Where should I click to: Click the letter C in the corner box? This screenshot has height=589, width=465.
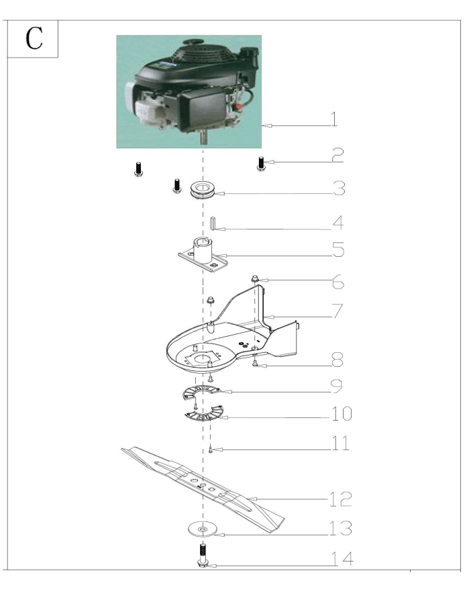[x=34, y=38]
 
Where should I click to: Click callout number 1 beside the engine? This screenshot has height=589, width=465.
[x=333, y=119]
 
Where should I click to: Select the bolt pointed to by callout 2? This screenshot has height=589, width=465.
[x=260, y=164]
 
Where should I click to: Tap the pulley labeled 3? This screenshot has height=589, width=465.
[x=203, y=189]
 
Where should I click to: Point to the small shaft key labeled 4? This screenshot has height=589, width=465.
[x=212, y=223]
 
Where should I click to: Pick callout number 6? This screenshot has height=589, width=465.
[x=338, y=282]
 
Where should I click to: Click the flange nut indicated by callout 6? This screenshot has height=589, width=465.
[x=255, y=279]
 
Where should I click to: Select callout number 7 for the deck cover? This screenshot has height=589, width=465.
[x=338, y=311]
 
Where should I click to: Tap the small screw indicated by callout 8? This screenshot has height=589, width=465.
[x=255, y=362]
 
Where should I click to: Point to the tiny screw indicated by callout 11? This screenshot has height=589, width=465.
[x=211, y=449]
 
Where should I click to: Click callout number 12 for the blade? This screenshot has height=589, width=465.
[x=340, y=499]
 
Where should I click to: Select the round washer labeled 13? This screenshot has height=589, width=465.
[x=203, y=529]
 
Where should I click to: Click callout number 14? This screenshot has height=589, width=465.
[x=342, y=558]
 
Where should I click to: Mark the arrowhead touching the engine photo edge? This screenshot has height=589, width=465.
[x=266, y=126]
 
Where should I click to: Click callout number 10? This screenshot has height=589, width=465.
[x=342, y=414]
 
